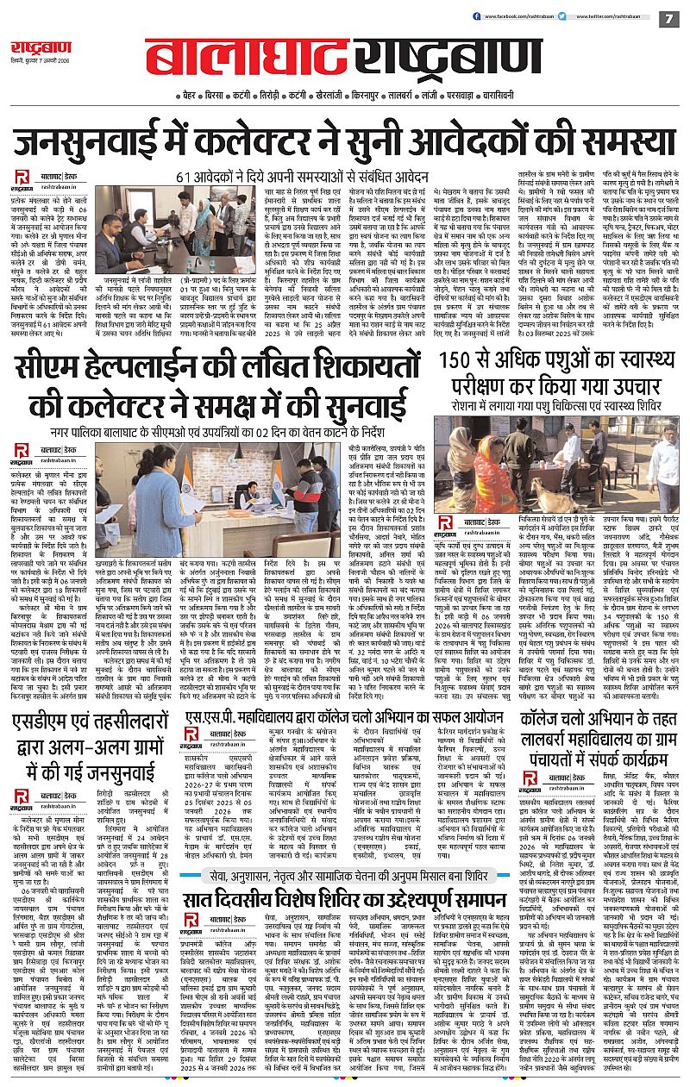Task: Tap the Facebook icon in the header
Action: tap(461, 16)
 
